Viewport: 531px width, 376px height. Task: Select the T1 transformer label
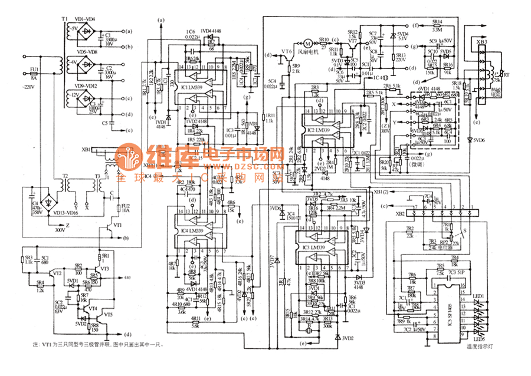point(64,21)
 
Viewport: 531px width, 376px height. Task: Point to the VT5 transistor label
point(108,315)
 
